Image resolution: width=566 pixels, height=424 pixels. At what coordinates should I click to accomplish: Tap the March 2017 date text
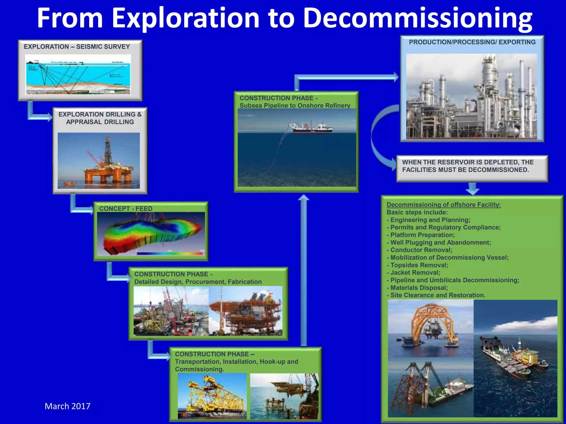coord(67,406)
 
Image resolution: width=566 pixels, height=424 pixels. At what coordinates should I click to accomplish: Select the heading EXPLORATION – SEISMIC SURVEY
coord(77,47)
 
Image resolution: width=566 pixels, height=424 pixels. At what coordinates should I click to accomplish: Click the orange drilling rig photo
coord(99,161)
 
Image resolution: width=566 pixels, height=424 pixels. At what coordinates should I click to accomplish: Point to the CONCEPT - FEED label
coord(126,208)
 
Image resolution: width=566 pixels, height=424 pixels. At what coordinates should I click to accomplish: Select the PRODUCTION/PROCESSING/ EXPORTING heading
coord(472,42)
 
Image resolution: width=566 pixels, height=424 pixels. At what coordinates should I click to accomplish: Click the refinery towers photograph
coord(471,96)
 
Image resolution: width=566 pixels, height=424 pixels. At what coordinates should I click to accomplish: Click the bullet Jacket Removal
coord(415,272)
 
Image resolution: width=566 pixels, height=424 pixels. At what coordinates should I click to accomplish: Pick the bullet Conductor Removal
coord(421,250)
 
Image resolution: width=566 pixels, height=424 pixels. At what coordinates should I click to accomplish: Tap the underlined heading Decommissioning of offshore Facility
coord(443,205)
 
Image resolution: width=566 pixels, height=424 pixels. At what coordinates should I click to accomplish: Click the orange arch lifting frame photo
coord(431,328)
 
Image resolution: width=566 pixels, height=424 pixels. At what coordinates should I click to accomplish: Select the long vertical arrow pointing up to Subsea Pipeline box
coord(304,271)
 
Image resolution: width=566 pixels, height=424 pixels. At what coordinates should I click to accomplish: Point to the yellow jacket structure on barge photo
coord(212,396)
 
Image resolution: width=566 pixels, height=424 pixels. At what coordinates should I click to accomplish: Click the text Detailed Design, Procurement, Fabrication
coord(198,282)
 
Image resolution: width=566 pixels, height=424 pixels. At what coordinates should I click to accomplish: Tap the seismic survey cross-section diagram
coord(78,75)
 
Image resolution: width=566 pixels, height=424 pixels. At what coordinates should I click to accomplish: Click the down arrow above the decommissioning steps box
coord(472,189)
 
